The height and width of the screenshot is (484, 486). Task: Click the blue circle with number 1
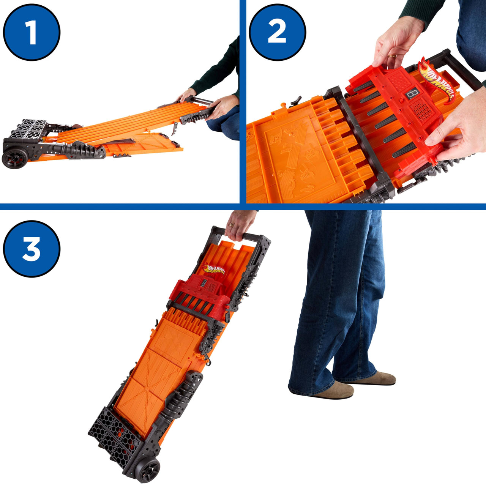(32, 32)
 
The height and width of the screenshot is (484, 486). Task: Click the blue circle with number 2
(278, 32)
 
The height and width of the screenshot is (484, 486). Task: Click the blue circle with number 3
(32, 249)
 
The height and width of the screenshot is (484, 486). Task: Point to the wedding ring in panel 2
(392, 56)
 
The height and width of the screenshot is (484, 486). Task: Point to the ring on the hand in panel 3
(231, 224)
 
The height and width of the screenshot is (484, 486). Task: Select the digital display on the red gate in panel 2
(413, 93)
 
